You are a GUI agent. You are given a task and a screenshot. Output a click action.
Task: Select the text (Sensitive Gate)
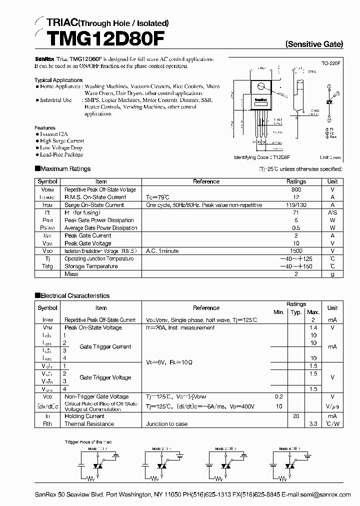pyautogui.click(x=314, y=44)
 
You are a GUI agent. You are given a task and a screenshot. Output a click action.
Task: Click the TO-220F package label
pyautogui.click(x=331, y=64)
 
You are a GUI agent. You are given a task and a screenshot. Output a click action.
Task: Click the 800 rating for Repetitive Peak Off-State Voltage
pyautogui.click(x=296, y=190)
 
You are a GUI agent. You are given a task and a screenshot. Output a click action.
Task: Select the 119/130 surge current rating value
pyautogui.click(x=296, y=205)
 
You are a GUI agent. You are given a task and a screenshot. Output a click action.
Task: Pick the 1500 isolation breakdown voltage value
pyautogui.click(x=296, y=251)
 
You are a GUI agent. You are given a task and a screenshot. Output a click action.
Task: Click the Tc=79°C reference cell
pyautogui.click(x=157, y=197)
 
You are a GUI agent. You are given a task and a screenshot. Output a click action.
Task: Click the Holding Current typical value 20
pyautogui.click(x=296, y=416)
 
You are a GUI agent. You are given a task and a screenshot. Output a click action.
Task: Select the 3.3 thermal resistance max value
pyautogui.click(x=313, y=424)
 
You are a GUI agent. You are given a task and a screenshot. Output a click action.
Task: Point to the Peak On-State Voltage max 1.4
pyautogui.click(x=313, y=327)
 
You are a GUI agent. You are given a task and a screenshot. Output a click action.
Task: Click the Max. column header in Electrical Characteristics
pyautogui.click(x=313, y=312)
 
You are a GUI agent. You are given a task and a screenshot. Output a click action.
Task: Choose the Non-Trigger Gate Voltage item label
pyautogui.click(x=96, y=396)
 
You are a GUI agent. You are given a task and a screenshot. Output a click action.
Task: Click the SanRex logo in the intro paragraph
pyautogui.click(x=44, y=59)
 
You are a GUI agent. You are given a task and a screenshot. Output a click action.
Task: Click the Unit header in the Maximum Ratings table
pyautogui.click(x=332, y=181)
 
